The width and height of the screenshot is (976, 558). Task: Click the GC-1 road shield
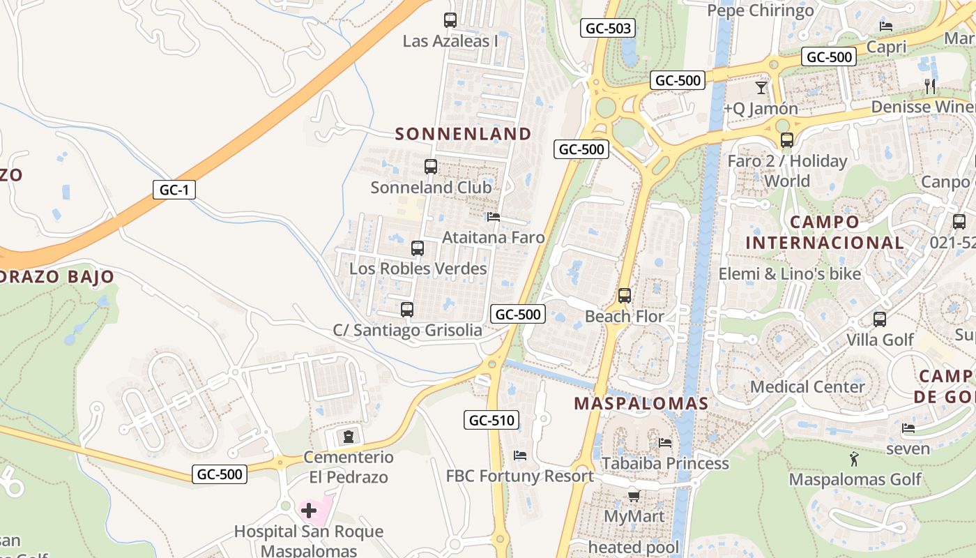coord(174,189)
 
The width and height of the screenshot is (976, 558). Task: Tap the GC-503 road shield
coord(608,28)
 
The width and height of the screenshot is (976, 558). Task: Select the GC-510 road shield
coord(491,420)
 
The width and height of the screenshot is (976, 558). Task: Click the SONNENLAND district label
coord(463,134)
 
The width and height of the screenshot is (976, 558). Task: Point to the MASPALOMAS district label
coord(641,403)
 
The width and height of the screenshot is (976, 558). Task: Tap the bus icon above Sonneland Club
coord(431,167)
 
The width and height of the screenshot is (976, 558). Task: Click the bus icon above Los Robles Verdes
coord(418,248)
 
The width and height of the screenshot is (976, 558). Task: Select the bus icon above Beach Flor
coord(625,296)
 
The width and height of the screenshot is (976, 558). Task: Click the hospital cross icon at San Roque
coord(309,511)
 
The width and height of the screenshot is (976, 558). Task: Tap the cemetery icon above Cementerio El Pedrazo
coord(348,437)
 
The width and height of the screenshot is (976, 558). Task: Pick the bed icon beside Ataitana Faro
coord(494,217)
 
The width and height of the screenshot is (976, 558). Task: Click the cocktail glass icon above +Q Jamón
coord(761,88)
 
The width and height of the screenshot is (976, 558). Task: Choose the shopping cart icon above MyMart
coord(634,496)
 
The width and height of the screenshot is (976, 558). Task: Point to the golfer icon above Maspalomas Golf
coord(854,459)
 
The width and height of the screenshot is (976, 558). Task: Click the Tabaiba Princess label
coord(665,463)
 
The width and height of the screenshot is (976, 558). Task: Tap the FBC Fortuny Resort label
coord(519,476)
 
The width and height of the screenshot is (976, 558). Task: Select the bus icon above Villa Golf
coord(880,319)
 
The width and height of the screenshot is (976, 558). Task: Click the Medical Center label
coord(807,386)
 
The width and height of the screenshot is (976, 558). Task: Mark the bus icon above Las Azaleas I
coord(450,20)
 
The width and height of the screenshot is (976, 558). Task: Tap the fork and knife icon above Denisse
coord(930,86)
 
